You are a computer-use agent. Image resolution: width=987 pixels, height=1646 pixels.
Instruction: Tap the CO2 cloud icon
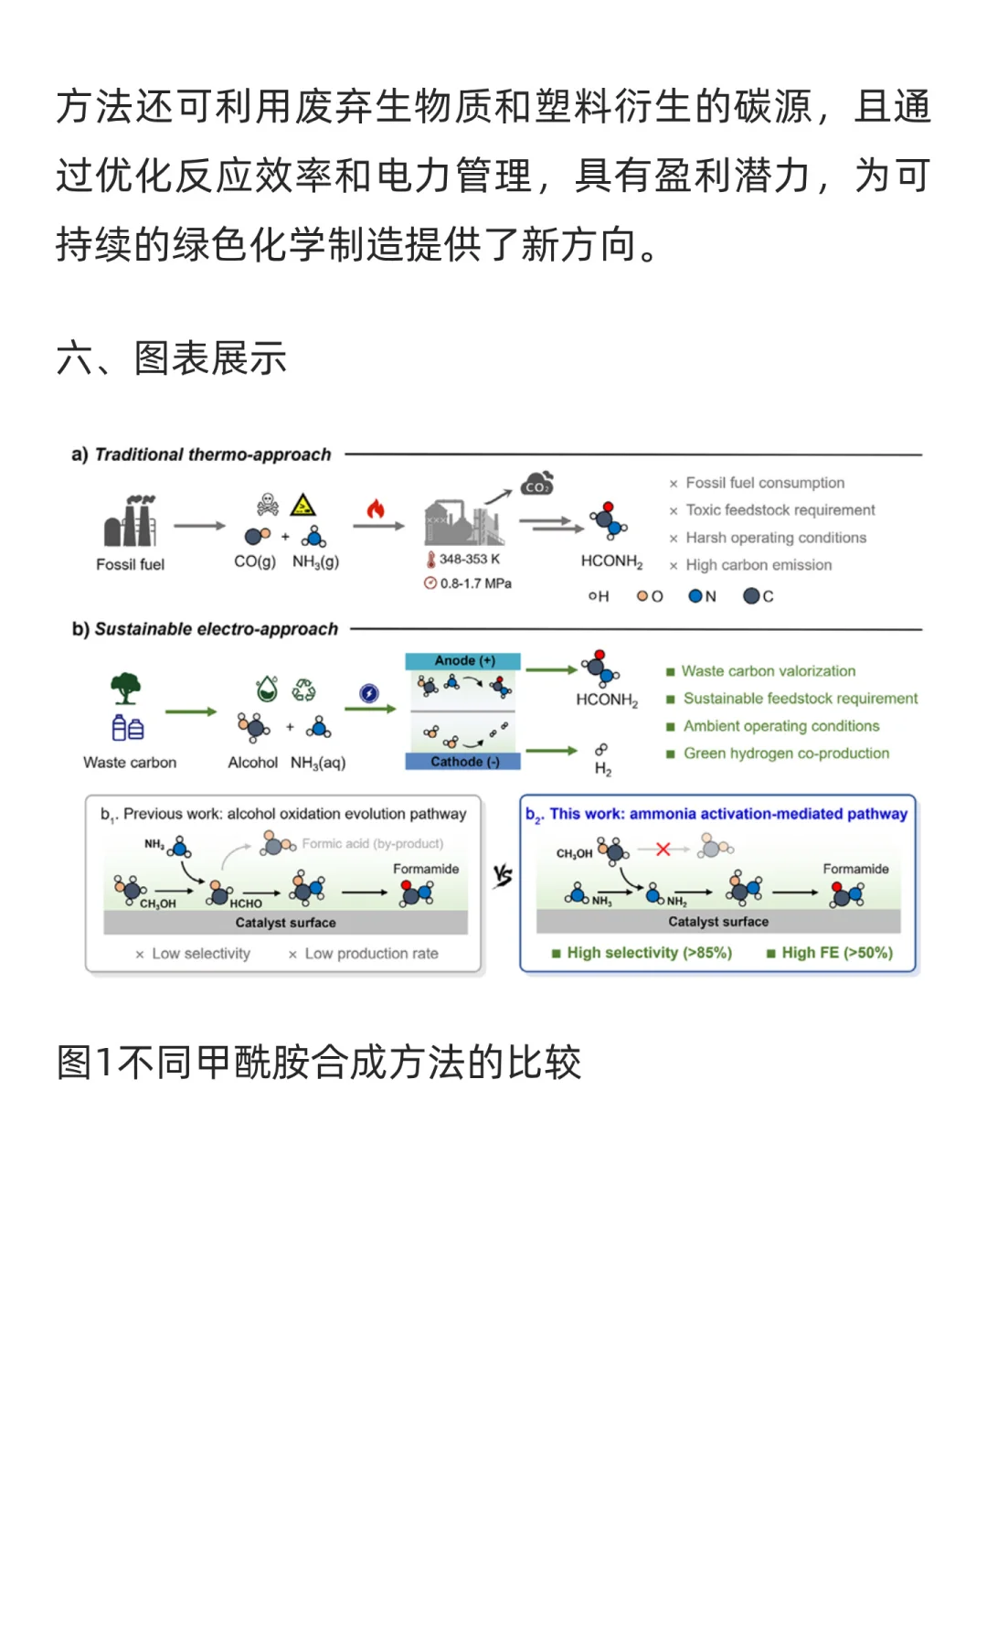point(537,484)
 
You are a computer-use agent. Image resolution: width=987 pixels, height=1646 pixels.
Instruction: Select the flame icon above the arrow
point(376,508)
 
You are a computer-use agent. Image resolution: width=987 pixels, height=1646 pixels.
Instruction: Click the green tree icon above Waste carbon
point(126,688)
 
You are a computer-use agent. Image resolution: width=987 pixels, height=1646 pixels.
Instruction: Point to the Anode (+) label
point(464,660)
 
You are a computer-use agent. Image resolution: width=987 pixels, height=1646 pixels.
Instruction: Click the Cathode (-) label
point(464,762)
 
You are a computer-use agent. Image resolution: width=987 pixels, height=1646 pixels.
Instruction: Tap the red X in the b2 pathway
point(663,850)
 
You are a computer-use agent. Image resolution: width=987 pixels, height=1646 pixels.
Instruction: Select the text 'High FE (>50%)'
point(836,953)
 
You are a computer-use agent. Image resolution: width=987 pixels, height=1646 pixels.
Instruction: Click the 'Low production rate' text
point(371,954)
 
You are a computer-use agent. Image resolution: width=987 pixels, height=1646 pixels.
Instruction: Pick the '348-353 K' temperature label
point(469,559)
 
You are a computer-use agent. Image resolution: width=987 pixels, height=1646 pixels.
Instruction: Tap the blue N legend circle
point(696,596)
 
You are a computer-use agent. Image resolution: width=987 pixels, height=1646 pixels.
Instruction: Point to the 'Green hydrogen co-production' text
point(786,754)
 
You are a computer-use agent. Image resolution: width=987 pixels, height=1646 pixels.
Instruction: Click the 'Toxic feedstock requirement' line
point(780,510)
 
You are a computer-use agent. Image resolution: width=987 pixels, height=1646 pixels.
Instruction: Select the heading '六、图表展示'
point(172,358)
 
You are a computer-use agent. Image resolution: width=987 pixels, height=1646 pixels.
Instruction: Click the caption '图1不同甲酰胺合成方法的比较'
point(319,1063)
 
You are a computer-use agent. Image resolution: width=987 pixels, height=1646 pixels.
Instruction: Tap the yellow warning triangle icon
point(302,505)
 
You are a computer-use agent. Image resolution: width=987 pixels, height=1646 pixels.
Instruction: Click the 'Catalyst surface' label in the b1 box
point(285,923)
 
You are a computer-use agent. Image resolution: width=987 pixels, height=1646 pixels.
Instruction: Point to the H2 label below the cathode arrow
point(603,769)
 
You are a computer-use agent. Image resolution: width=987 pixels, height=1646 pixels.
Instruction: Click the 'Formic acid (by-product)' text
point(372,844)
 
